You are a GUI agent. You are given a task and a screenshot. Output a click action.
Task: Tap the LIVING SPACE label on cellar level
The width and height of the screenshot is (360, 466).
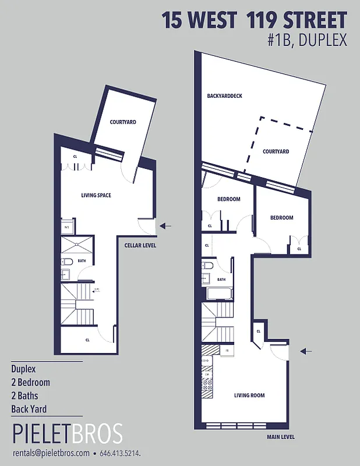(x=96, y=195)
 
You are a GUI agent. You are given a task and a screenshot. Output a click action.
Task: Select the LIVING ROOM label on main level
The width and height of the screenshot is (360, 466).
(x=249, y=396)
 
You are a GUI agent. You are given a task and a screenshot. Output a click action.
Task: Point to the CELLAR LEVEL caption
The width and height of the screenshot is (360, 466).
(x=140, y=245)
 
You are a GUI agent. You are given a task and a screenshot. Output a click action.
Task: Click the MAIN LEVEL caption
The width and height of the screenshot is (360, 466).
(x=281, y=437)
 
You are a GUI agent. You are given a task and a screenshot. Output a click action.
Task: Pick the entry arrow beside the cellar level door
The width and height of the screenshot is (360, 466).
(x=165, y=225)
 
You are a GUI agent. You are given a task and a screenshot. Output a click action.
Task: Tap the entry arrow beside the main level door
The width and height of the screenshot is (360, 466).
(x=305, y=351)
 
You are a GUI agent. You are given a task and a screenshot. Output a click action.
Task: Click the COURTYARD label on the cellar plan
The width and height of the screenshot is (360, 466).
(x=123, y=122)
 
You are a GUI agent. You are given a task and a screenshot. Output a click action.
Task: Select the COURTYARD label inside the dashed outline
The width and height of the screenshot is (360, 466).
(x=276, y=151)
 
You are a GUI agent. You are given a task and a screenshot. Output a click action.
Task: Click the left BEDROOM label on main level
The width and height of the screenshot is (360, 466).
(x=229, y=199)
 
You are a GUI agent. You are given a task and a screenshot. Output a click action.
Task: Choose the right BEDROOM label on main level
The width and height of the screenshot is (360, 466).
(x=281, y=218)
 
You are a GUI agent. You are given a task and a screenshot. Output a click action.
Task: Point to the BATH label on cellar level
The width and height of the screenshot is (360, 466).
(x=82, y=261)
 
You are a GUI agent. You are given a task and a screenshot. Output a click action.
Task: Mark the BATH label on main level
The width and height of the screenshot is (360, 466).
(x=221, y=264)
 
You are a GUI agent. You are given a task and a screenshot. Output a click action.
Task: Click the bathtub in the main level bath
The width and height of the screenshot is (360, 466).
(x=217, y=292)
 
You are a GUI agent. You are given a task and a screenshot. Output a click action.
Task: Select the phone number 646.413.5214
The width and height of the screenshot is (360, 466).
(x=121, y=453)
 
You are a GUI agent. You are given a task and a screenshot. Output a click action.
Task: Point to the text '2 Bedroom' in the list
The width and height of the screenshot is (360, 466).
(x=30, y=383)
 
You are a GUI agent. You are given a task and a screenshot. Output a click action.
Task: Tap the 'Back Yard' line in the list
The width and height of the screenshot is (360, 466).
(x=29, y=409)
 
